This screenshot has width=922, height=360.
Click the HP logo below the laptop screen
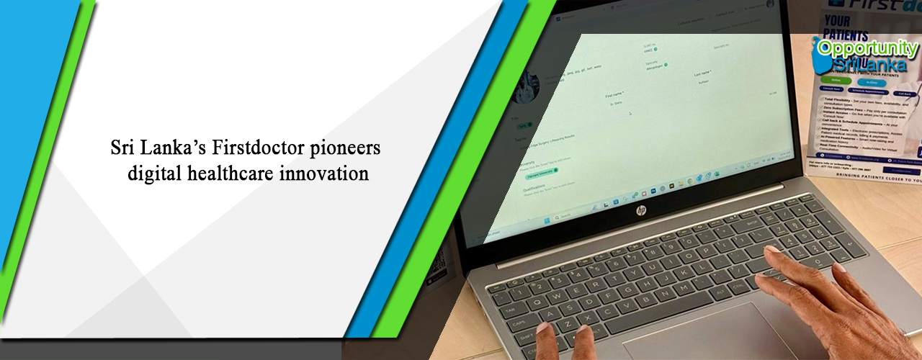641,210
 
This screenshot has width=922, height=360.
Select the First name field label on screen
614,94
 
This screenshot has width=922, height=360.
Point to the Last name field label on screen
702,73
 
